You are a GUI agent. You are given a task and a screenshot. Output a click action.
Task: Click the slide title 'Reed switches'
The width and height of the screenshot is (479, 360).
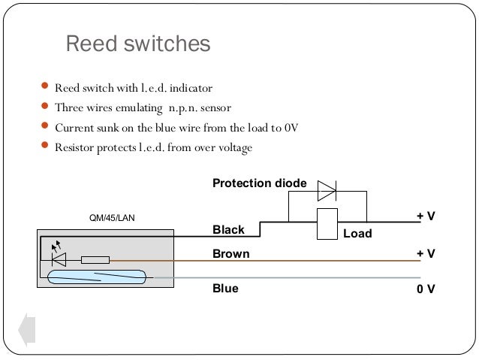coord(138,44)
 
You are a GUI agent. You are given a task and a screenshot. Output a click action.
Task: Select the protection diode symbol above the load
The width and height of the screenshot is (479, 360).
coord(327,191)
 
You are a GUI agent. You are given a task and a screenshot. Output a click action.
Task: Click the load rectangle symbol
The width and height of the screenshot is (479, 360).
coord(327,224)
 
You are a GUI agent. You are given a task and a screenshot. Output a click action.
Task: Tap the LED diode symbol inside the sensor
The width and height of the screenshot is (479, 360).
coord(59,260)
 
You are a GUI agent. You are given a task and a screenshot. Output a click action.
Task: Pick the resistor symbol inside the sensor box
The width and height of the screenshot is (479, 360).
coord(95,260)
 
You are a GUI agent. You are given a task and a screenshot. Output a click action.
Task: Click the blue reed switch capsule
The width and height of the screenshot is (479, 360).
coord(97,277)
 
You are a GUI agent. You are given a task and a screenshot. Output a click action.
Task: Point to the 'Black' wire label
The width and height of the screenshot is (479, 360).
coord(228,230)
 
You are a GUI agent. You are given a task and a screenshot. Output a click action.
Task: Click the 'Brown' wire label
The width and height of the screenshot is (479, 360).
coord(231,254)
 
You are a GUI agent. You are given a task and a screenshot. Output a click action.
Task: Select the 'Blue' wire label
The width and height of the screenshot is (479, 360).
coord(225,289)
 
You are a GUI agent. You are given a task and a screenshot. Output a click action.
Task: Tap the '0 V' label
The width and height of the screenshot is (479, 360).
coord(426,289)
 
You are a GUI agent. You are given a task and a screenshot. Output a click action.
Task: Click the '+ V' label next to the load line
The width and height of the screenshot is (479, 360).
coord(426,216)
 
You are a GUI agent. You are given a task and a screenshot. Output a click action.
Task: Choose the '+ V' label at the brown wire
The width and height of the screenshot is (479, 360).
coord(426,253)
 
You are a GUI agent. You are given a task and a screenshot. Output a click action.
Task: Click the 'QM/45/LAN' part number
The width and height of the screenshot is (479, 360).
coord(112,218)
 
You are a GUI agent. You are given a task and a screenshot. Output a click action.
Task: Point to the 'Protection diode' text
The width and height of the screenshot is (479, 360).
coord(259,183)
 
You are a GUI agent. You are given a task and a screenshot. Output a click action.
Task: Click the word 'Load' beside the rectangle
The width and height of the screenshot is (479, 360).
coord(357,234)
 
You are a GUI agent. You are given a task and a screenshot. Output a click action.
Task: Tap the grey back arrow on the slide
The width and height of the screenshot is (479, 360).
coord(27,330)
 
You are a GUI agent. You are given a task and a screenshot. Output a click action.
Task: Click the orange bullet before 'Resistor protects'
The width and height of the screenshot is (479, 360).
coord(44,144)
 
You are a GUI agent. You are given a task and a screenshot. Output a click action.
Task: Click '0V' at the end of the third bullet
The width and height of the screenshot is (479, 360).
coord(291,128)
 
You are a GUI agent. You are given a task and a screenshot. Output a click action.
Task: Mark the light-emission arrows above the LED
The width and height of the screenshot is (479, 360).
coord(56,246)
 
